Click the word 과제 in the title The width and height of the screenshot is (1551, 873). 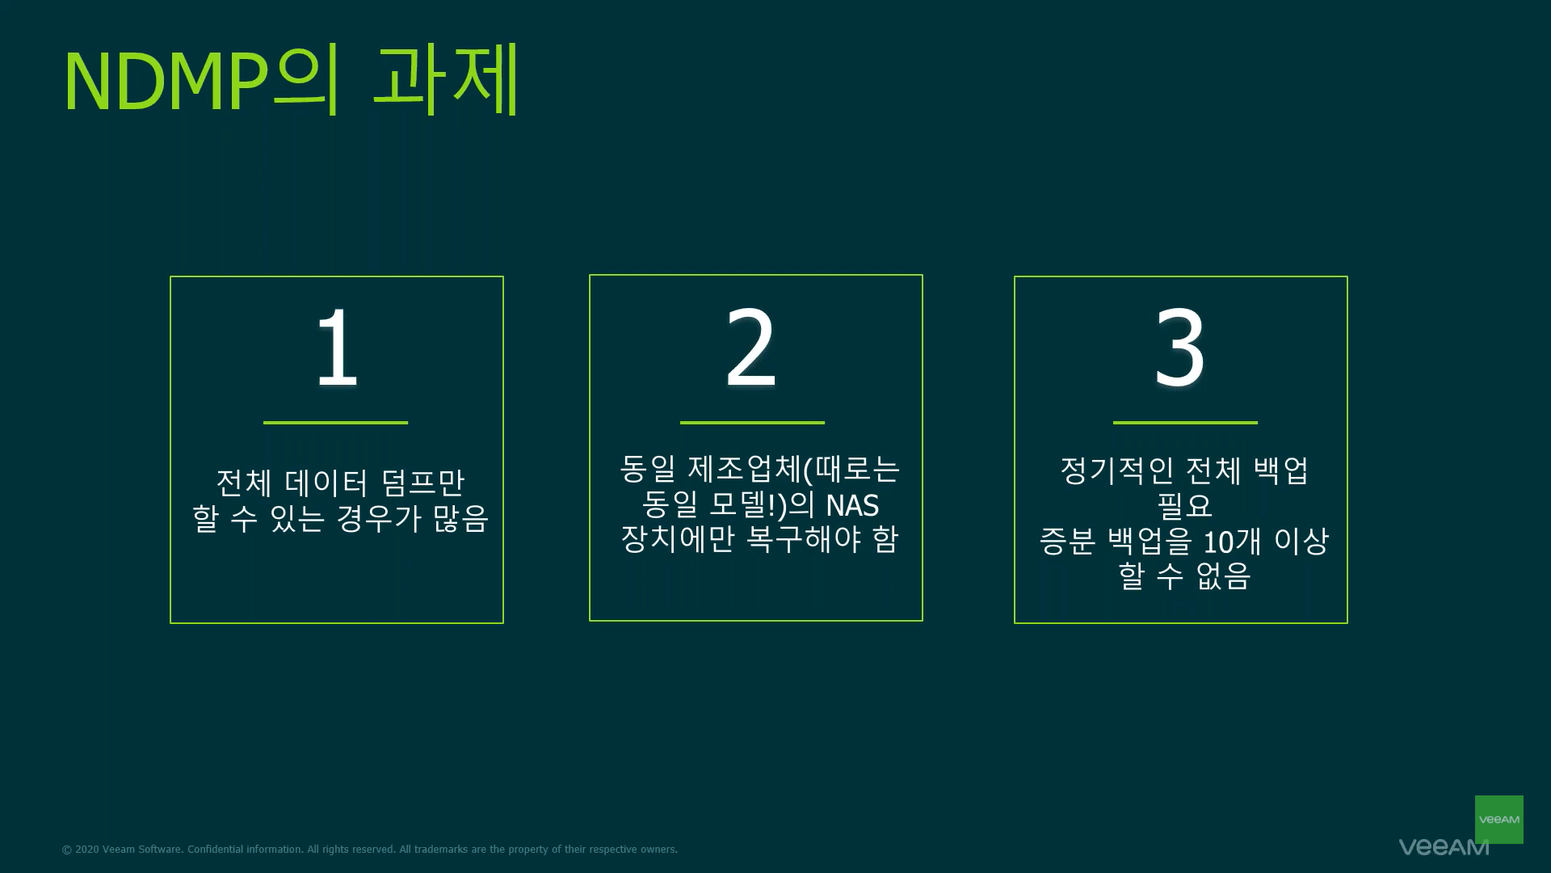click(x=446, y=79)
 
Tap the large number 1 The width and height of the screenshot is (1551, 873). click(x=337, y=348)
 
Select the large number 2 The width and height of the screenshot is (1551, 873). click(x=751, y=348)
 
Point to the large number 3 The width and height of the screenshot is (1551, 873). click(x=1180, y=348)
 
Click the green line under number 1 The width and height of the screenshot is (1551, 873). click(x=335, y=422)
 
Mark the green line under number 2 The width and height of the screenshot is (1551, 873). click(x=752, y=422)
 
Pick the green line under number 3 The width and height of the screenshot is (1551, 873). click(x=1185, y=422)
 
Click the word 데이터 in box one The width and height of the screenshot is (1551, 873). click(x=327, y=483)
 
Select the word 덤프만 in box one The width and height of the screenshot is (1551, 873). click(x=423, y=483)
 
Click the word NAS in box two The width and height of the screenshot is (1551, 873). click(x=852, y=505)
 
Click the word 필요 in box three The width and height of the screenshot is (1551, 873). click(x=1184, y=505)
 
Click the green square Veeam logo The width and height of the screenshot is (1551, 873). click(x=1498, y=819)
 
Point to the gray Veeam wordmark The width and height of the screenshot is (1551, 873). click(x=1444, y=847)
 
